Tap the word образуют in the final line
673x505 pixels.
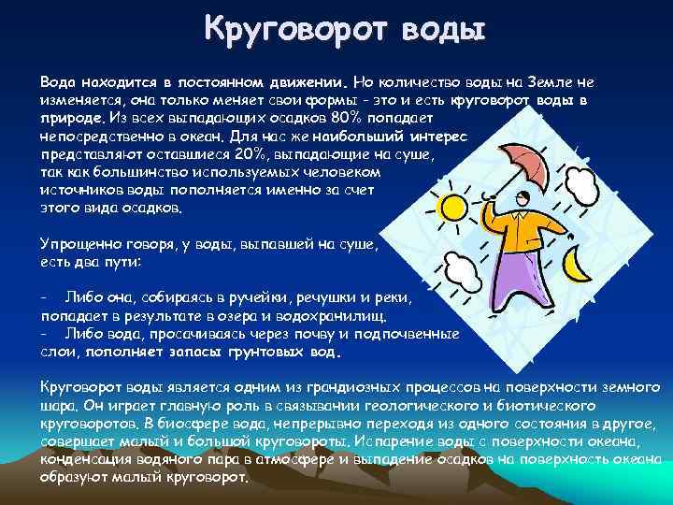coord(70,476)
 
